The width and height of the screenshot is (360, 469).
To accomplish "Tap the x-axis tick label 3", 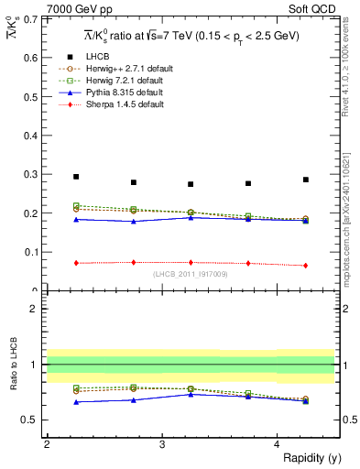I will tap(162, 444).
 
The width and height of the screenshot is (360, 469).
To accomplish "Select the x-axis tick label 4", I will tap(278, 444).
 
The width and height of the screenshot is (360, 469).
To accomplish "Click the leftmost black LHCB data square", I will tap(76, 177).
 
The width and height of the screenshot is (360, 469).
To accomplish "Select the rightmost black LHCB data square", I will tap(306, 180).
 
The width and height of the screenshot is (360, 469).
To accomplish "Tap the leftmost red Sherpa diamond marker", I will tap(76, 263).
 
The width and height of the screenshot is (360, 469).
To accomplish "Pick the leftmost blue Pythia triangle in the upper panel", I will tap(76, 219).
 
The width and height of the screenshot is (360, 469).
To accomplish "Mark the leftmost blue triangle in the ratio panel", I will tap(76, 401).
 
